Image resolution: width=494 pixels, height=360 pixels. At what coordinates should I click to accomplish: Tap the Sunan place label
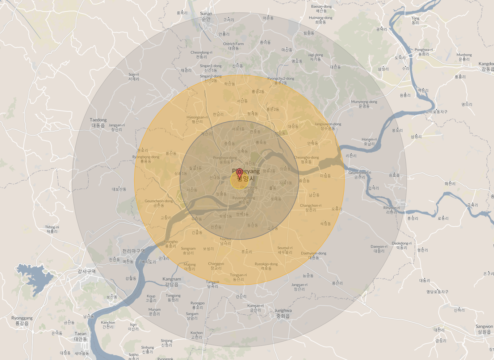pos(206,16)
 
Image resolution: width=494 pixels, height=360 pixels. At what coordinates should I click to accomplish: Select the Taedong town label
pos(98,123)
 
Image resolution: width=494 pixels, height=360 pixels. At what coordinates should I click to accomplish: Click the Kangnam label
pos(172,282)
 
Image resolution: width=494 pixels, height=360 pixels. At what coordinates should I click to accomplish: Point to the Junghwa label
pos(283,313)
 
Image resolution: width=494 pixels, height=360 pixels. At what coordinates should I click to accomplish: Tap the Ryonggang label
pos(22,320)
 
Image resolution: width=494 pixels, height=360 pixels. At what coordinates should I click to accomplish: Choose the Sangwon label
pos(484,329)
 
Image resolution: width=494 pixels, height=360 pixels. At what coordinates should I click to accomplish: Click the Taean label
pos(80,336)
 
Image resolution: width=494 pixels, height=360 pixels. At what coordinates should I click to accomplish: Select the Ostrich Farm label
pos(233,46)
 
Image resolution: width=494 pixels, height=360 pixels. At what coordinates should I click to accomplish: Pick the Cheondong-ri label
pos(201,55)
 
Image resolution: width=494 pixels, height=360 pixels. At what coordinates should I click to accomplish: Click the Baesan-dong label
pos(321,8)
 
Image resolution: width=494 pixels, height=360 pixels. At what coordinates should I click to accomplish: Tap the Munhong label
pos(464,57)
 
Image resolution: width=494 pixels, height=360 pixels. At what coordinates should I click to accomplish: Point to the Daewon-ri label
pos(379,249)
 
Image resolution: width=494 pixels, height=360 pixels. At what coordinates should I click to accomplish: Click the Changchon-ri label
pos(311,207)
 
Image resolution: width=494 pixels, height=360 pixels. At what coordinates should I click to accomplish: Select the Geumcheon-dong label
pos(159,203)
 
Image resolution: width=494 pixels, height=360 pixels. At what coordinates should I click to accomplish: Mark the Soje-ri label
pos(134,77)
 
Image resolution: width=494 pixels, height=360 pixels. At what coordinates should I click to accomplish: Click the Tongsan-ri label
pos(238,277)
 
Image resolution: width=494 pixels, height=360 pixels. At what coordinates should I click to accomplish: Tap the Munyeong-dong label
pos(364,104)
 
